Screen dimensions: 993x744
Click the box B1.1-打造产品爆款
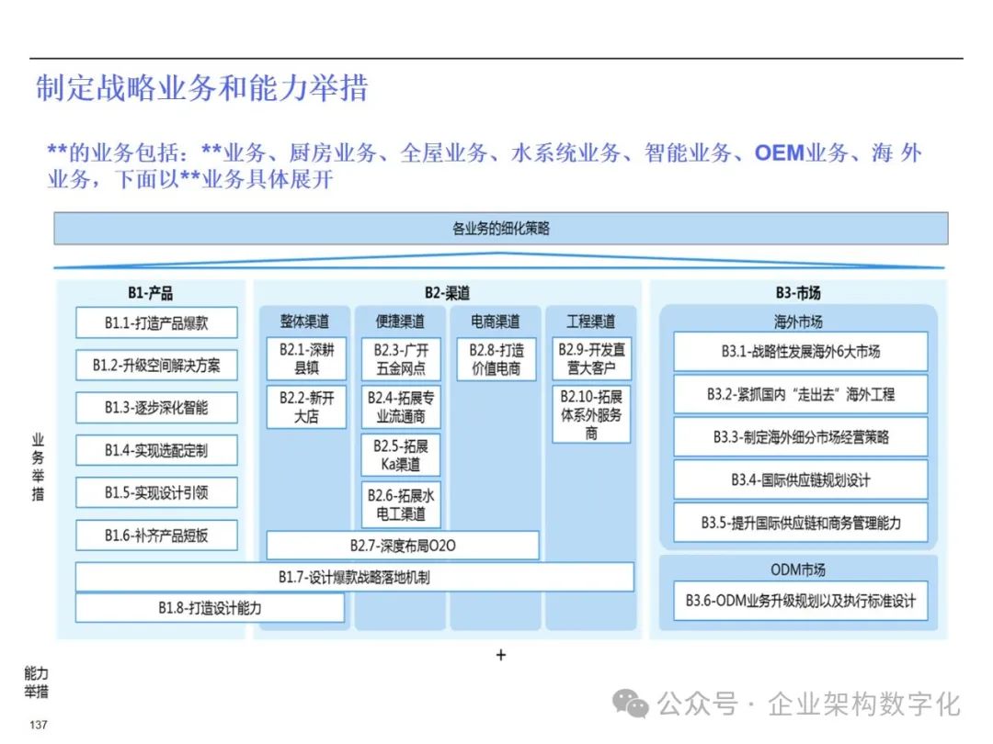point(156,322)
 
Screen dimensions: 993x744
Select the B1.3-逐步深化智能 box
point(156,407)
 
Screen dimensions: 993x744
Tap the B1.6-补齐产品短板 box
point(156,535)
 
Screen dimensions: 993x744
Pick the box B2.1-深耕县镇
point(307,359)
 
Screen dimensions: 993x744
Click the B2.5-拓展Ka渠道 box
point(401,455)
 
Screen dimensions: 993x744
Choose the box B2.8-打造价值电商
point(495,359)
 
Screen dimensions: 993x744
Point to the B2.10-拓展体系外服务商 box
point(591,414)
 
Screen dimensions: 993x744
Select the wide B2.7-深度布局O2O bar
point(403,546)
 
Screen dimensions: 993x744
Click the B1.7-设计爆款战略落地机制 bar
point(354,577)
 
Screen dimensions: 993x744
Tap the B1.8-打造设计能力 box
point(210,608)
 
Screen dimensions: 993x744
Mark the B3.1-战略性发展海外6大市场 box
point(800,352)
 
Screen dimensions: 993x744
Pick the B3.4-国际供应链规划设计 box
point(800,479)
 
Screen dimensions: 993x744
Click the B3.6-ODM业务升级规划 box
point(800,602)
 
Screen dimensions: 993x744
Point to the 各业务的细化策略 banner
point(500,229)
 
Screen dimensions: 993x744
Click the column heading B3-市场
point(797,293)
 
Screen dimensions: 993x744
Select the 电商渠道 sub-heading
point(495,321)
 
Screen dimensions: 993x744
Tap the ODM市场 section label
point(797,569)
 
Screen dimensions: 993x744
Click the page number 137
point(39,726)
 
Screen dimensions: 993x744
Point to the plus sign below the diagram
point(500,655)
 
